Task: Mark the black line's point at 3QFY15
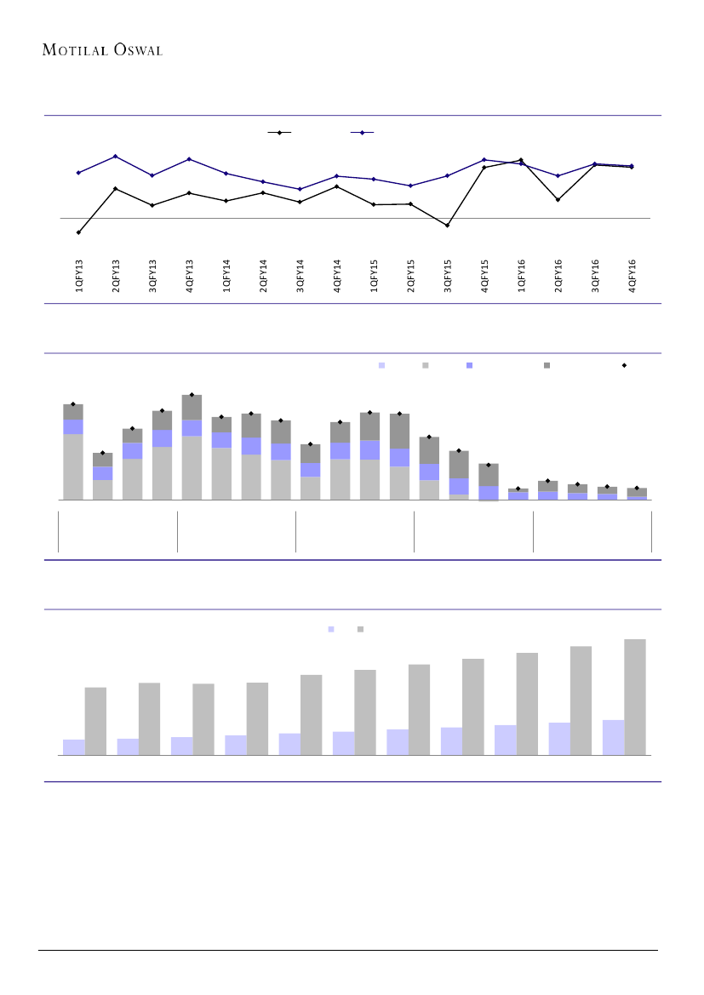coord(447,225)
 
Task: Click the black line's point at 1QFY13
coord(78,232)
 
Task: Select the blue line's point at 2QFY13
coord(115,157)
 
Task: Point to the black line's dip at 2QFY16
coord(558,199)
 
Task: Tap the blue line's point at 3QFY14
coord(300,189)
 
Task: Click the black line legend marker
coord(278,133)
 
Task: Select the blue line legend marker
coord(363,133)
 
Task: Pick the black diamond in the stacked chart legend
coord(624,365)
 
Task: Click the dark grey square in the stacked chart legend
coord(547,365)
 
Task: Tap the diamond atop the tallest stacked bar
coord(192,395)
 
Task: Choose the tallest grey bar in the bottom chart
coord(635,696)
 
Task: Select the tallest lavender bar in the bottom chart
coord(613,737)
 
